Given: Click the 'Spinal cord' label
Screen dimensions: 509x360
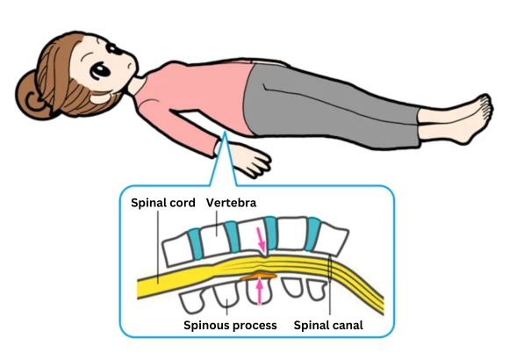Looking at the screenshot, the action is tap(163, 203).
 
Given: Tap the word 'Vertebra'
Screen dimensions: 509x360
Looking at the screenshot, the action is tap(231, 203).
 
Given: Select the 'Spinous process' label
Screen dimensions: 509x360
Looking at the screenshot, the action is tap(230, 325).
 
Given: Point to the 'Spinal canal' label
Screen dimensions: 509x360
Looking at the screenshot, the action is tap(328, 325).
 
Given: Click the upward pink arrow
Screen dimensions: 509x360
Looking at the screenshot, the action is tap(259, 292).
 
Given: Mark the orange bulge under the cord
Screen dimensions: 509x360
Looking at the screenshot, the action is tap(258, 277).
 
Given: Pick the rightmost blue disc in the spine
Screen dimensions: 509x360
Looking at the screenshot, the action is tap(313, 234).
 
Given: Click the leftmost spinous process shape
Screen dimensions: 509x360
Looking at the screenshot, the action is tap(191, 303).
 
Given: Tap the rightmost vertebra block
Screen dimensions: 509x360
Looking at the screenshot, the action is tap(333, 239).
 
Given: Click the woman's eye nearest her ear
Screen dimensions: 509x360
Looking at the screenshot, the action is tap(100, 71).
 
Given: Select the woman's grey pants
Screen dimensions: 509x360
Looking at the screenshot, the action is tap(331, 104).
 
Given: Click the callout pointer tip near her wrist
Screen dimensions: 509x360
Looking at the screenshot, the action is tap(225, 133).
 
